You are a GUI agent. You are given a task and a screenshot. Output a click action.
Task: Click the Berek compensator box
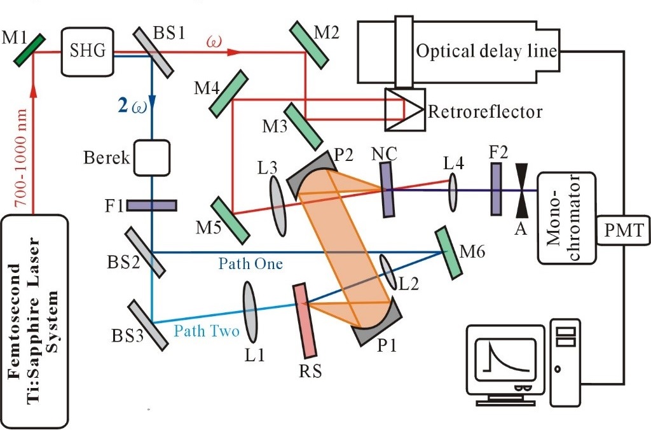pyautogui.click(x=152, y=158)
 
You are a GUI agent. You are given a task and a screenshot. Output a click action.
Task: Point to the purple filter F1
pyautogui.click(x=152, y=205)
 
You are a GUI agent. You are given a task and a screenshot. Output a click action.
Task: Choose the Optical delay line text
pyautogui.click(x=486, y=52)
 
